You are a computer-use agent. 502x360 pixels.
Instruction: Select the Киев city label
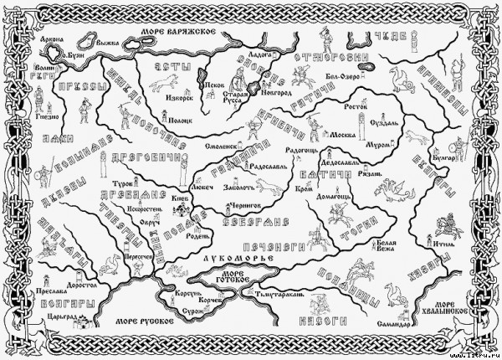(181, 198)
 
